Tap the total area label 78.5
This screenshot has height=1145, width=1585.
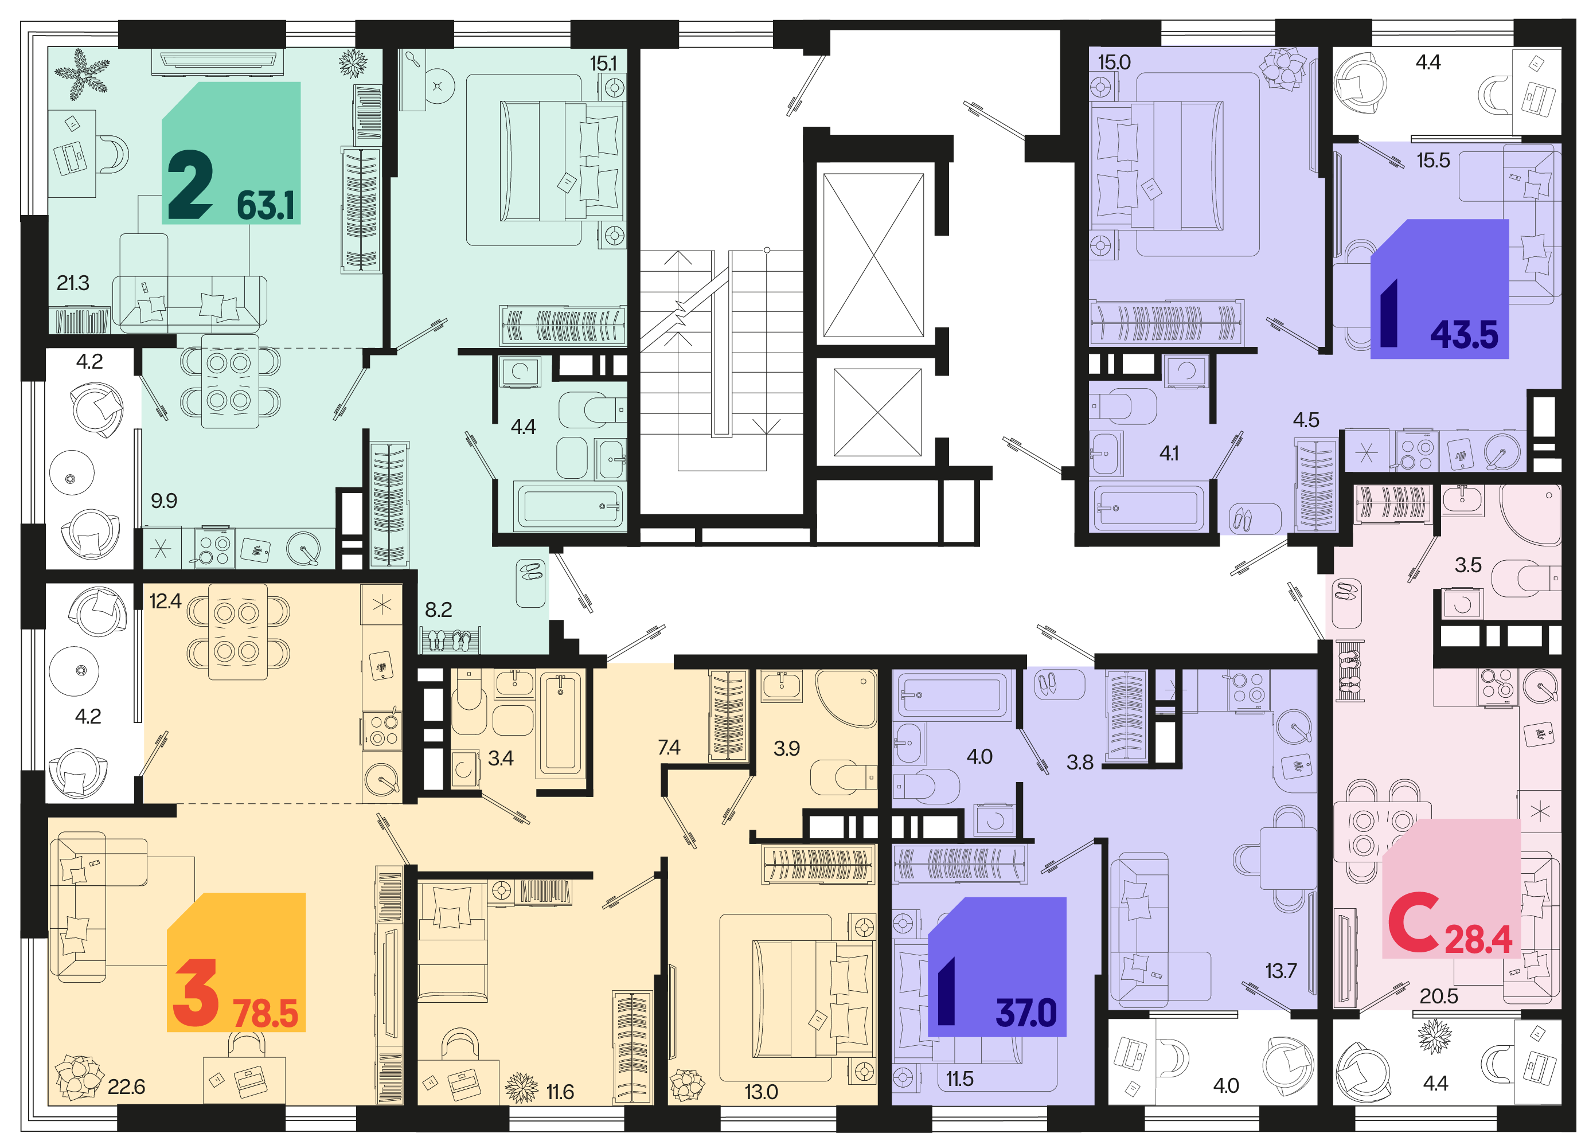(x=266, y=1014)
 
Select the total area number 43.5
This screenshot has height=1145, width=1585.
(x=1464, y=335)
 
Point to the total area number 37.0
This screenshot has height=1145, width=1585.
(x=1026, y=1013)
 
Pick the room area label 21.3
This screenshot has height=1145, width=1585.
(x=73, y=283)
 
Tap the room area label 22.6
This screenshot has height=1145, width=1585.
(x=127, y=1087)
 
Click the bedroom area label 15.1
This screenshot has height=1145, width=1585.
(x=603, y=63)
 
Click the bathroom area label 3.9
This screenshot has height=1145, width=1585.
(x=786, y=748)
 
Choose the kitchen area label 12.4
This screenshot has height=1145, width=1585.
(x=166, y=601)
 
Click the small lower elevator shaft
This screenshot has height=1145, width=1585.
(x=878, y=412)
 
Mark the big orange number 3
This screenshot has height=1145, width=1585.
(x=195, y=992)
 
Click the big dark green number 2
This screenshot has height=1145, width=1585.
(x=189, y=186)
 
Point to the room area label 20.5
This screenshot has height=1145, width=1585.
(x=1438, y=995)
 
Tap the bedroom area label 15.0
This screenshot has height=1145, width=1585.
(x=1114, y=62)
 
